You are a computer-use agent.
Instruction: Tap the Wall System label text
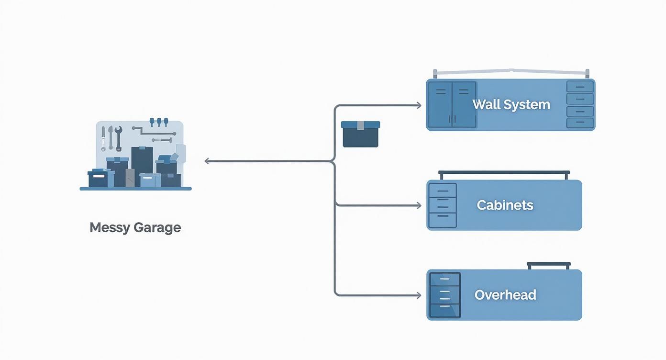(511, 105)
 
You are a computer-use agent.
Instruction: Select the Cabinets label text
(505, 205)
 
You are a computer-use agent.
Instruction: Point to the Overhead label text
(505, 295)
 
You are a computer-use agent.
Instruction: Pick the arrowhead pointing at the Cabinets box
(419, 206)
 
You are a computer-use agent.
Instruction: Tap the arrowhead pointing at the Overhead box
(419, 295)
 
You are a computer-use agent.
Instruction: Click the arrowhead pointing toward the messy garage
(207, 161)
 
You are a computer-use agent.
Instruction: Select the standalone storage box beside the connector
(360, 134)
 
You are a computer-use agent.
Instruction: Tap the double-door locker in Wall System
(452, 105)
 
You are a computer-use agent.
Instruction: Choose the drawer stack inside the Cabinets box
(443, 205)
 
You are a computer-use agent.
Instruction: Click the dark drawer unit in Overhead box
(445, 295)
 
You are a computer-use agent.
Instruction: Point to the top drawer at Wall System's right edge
(580, 87)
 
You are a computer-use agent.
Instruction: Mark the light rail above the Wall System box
(511, 72)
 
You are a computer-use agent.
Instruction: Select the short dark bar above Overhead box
(549, 264)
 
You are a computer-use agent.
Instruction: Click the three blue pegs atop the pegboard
(159, 122)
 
